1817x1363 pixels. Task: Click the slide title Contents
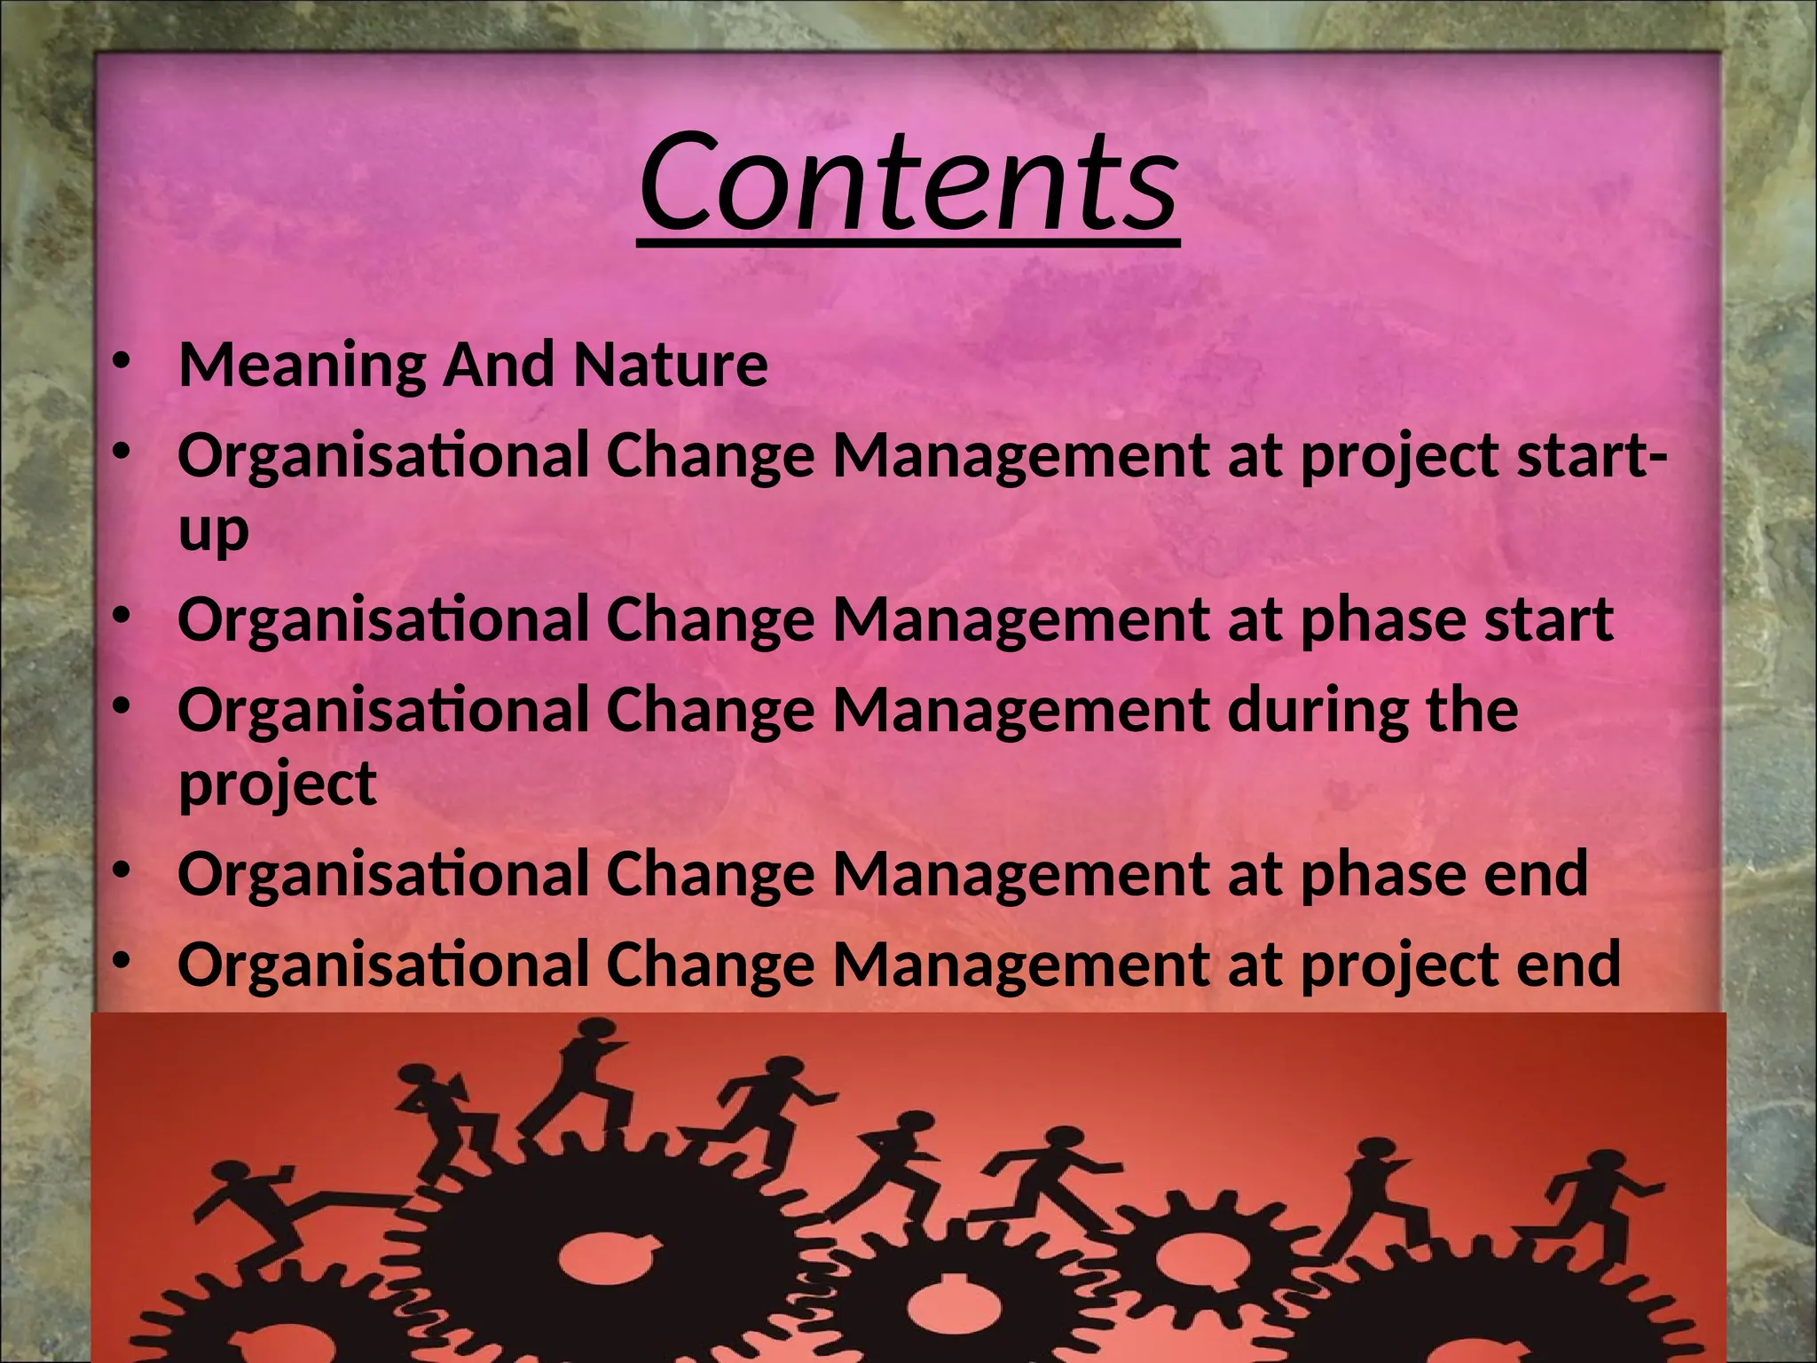[x=908, y=182]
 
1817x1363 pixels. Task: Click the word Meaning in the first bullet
[x=302, y=366]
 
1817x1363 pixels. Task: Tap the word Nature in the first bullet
[x=670, y=366]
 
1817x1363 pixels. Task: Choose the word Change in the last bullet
[x=710, y=965]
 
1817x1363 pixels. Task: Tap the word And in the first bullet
[x=499, y=366]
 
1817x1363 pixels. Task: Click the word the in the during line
[x=1472, y=711]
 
